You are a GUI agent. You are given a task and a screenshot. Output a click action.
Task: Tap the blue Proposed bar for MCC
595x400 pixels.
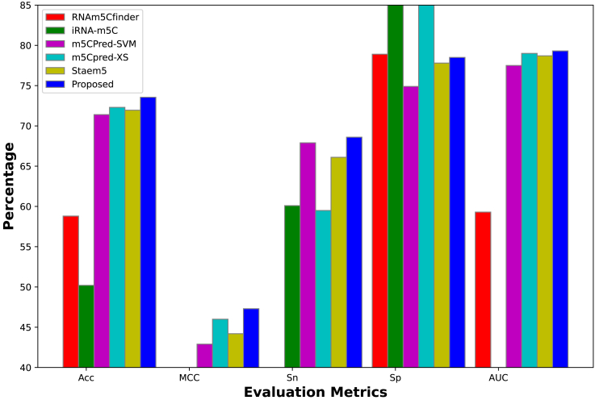click(251, 338)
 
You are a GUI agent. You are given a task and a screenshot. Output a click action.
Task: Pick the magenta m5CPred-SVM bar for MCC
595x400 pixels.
click(204, 356)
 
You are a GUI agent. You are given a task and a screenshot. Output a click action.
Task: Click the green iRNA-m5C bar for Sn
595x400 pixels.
click(291, 286)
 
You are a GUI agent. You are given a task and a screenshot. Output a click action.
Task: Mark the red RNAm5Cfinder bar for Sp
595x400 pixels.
click(379, 210)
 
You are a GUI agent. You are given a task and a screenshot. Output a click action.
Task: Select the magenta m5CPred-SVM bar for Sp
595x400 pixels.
click(410, 227)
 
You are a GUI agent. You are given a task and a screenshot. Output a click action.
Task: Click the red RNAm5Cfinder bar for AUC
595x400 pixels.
click(483, 290)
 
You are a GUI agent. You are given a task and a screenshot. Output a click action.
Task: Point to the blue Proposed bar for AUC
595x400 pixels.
click(560, 209)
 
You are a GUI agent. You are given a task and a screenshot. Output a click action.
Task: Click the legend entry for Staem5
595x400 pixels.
click(90, 70)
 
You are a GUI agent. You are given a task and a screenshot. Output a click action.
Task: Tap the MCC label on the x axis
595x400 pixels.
click(189, 377)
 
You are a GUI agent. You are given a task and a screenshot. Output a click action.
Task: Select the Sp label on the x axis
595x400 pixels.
click(395, 377)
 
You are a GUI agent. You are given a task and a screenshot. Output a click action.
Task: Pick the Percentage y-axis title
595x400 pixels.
click(10, 185)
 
